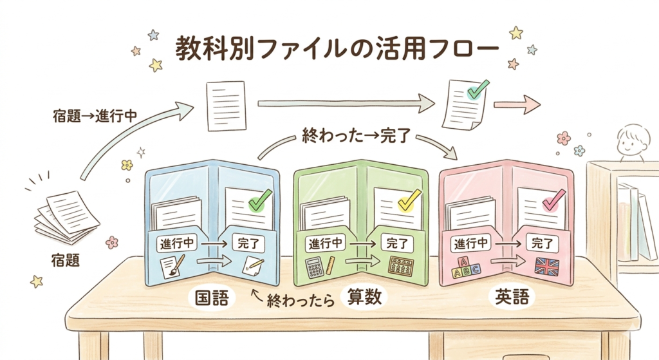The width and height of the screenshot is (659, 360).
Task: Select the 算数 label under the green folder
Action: pyautogui.click(x=364, y=297)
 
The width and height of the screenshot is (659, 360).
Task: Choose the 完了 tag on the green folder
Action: pyautogui.click(x=398, y=243)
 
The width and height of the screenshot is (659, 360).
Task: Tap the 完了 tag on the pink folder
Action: pyautogui.click(x=544, y=243)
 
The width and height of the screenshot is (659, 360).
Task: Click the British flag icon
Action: pyautogui.click(x=548, y=266)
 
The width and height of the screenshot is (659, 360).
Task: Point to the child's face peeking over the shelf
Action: pyautogui.click(x=629, y=142)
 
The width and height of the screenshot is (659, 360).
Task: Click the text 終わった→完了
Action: pyautogui.click(x=357, y=137)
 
